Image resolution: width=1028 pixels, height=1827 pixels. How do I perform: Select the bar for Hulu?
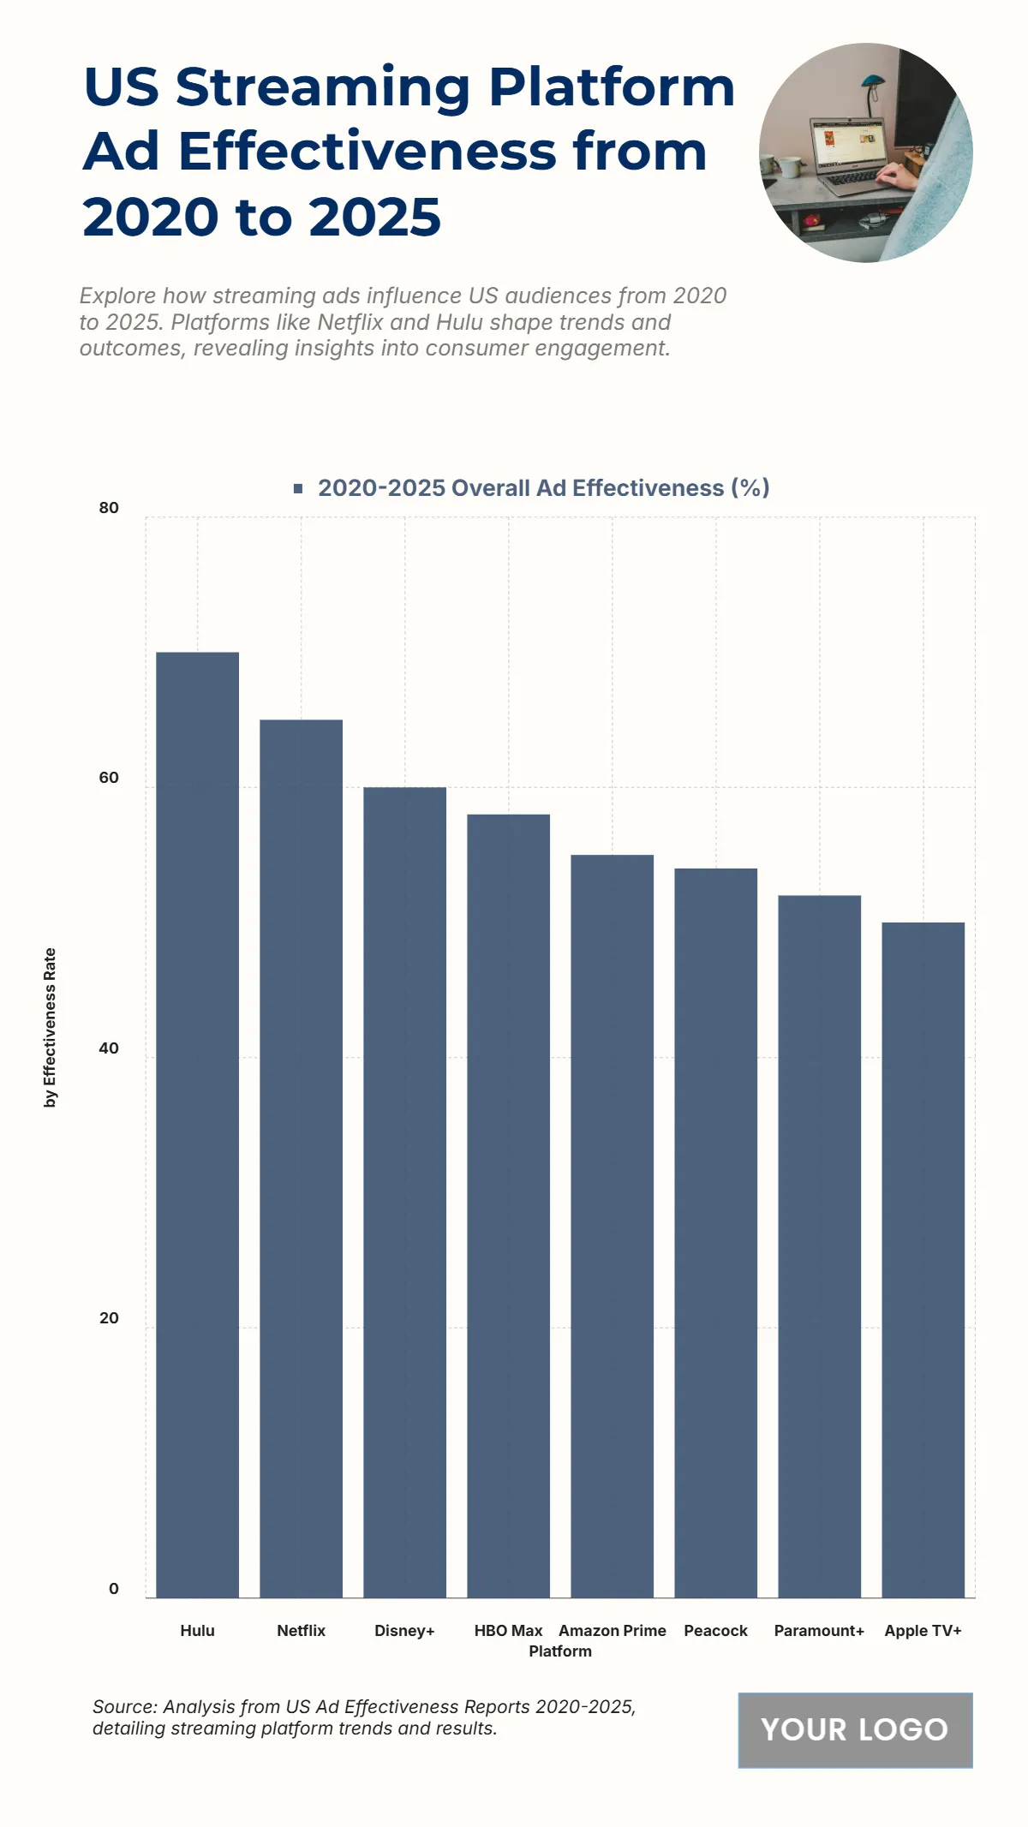click(197, 1125)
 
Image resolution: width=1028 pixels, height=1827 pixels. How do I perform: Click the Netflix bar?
click(301, 1158)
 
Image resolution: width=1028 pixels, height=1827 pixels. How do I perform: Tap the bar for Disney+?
click(404, 1191)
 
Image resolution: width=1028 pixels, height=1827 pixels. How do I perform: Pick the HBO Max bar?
click(508, 1205)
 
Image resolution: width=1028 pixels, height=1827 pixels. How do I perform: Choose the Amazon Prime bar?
click(612, 1226)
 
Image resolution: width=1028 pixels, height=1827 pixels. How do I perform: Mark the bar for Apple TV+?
click(923, 1259)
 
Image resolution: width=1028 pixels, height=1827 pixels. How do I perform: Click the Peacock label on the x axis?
click(715, 1631)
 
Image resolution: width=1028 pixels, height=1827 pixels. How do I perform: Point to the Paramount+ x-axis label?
click(819, 1631)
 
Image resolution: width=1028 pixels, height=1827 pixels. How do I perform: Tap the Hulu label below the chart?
click(197, 1631)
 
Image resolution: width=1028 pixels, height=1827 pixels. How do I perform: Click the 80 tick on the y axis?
click(109, 508)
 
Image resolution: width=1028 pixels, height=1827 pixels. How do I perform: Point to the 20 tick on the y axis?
click(109, 1318)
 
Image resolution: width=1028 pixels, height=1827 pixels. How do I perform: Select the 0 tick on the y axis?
click(113, 1589)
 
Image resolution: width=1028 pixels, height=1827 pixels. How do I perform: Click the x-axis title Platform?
click(559, 1651)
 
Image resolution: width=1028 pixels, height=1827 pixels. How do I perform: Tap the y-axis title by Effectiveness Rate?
click(51, 1027)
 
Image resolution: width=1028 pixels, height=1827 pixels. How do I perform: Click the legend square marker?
click(298, 488)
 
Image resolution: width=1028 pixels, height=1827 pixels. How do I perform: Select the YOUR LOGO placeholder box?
click(855, 1729)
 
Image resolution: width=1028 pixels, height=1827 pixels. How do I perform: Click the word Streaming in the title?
click(323, 87)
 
